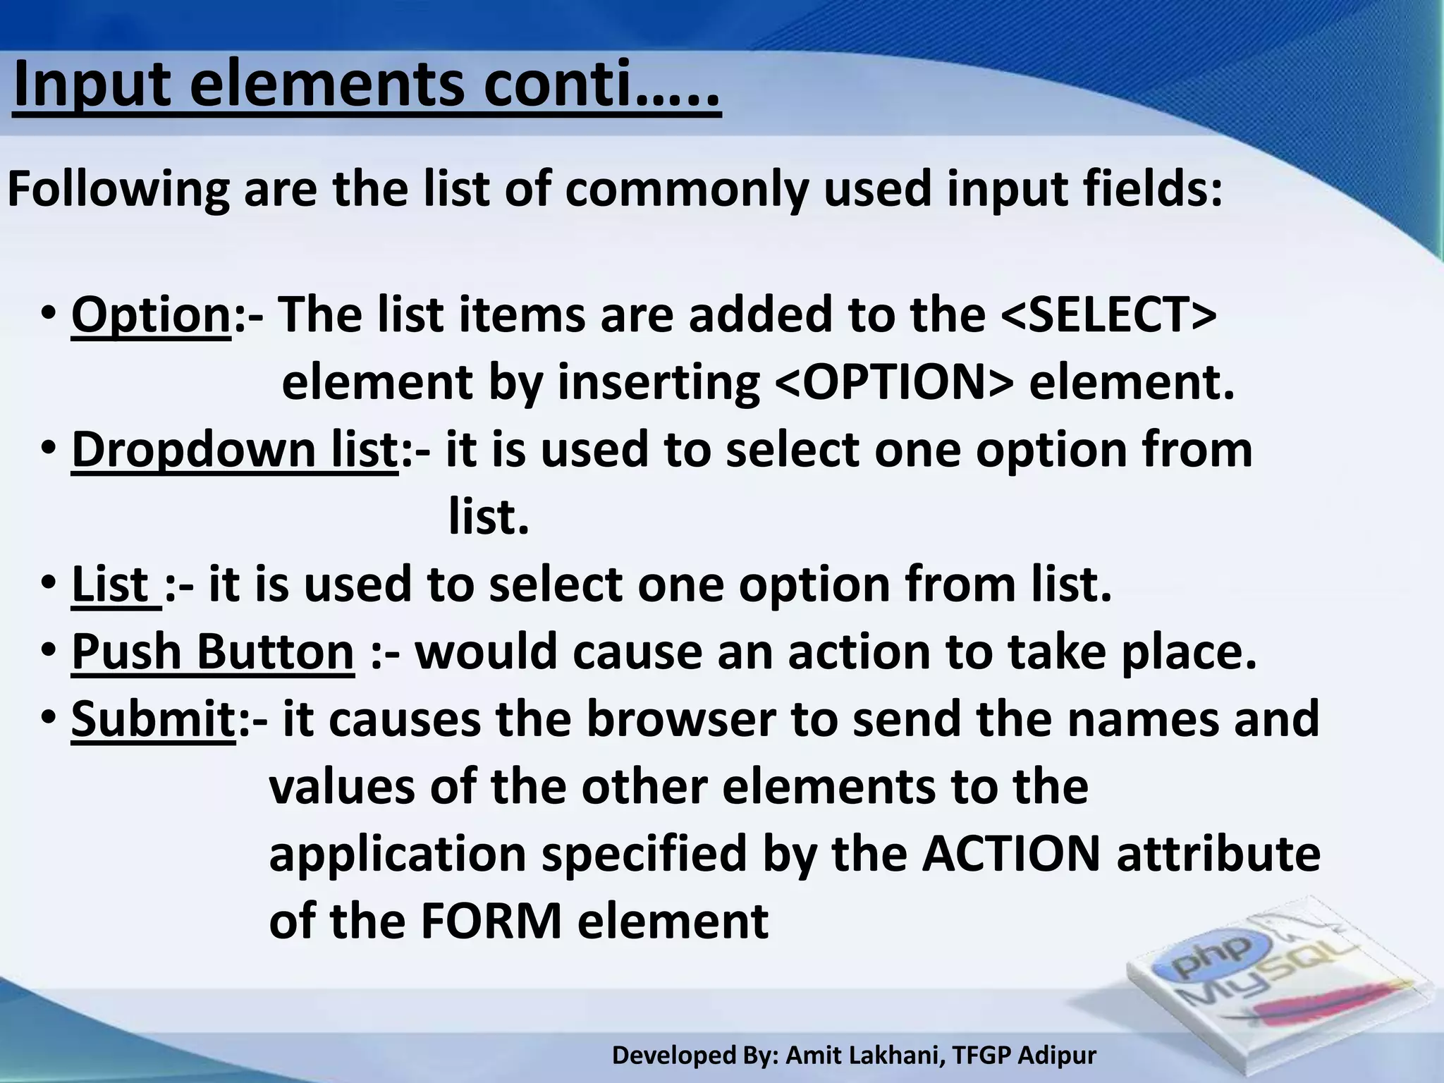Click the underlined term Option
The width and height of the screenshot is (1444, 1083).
click(151, 315)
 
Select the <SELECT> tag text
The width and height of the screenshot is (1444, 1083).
click(1108, 315)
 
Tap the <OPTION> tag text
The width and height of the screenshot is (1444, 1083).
click(894, 383)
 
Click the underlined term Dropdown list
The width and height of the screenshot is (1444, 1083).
click(235, 450)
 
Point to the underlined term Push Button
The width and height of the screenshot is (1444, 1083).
click(212, 652)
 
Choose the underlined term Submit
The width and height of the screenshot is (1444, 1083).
click(154, 719)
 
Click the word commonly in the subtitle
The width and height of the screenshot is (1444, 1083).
click(686, 190)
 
